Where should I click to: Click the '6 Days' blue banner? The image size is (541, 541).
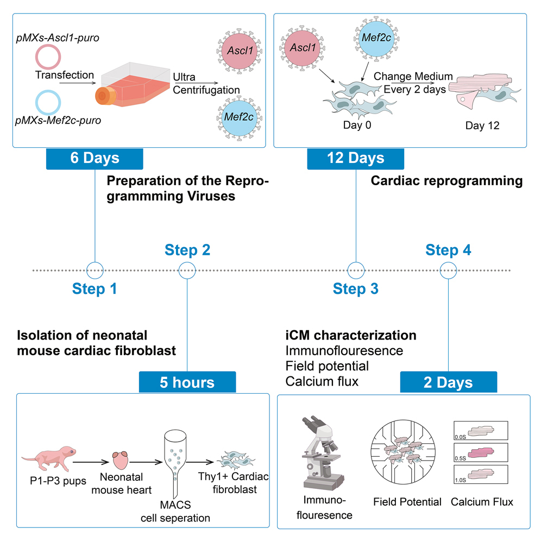(x=95, y=158)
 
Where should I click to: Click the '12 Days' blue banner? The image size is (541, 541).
(x=355, y=158)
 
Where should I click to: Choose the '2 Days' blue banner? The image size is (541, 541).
(x=448, y=382)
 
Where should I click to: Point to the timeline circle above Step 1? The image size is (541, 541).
(x=95, y=269)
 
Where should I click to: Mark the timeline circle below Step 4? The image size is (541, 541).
(x=448, y=269)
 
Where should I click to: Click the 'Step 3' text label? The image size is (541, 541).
(x=356, y=289)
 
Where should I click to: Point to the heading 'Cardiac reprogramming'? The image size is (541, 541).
(x=446, y=181)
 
